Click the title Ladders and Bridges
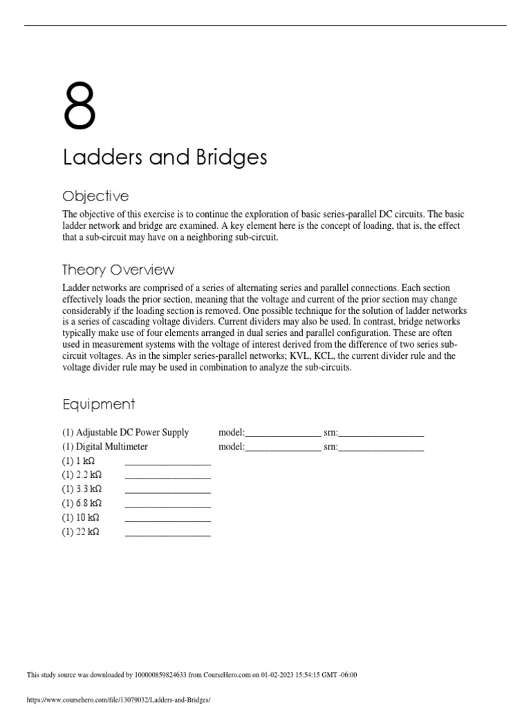coord(165,158)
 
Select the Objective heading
coord(95,196)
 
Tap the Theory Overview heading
coord(118,270)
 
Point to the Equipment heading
coord(98,404)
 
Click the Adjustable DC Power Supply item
coord(125,433)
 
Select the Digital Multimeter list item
coord(105,447)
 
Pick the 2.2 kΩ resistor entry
coord(82,476)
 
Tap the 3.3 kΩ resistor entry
coord(82,490)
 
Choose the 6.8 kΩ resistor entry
coord(82,503)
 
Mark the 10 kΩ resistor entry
coord(81,518)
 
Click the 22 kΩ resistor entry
coord(81,532)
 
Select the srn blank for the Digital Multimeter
coord(381,448)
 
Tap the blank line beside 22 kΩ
coord(167,534)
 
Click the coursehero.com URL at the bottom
coord(118,700)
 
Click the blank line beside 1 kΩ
coord(167,463)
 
